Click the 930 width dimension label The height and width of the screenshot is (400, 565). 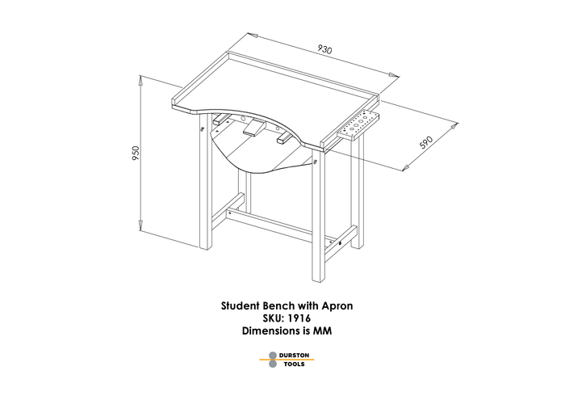tap(324, 49)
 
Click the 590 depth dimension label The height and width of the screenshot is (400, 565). tap(426, 141)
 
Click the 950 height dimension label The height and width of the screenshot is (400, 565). tap(136, 153)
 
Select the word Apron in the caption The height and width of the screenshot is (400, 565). tap(337, 306)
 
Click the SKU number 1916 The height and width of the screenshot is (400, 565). tap(299, 318)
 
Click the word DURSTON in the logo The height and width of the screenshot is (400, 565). tap(294, 356)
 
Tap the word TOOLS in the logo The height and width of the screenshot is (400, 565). tap(294, 364)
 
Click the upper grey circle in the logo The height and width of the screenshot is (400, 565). tap(273, 356)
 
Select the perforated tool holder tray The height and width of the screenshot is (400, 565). tap(358, 124)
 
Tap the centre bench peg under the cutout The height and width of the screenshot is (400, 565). tap(254, 128)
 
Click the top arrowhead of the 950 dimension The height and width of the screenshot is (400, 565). tap(141, 81)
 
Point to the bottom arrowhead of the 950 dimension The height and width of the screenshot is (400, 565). tap(141, 225)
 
